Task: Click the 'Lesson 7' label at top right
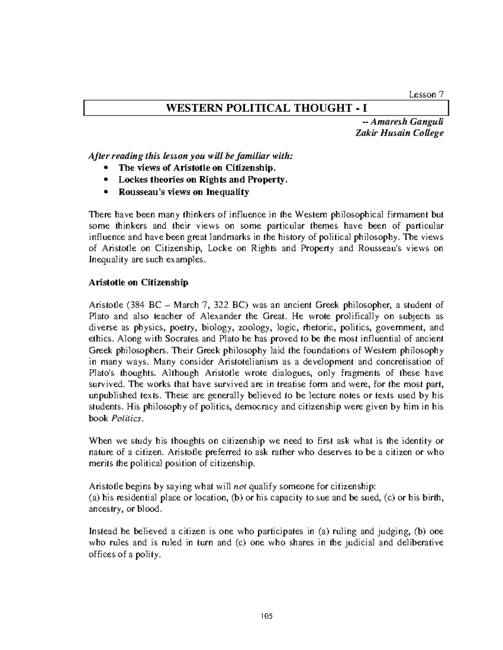tap(426, 95)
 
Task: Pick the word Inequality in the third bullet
tap(227, 192)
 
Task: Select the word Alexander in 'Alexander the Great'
tap(223, 316)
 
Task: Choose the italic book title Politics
tap(129, 418)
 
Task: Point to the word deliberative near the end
tap(419, 543)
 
